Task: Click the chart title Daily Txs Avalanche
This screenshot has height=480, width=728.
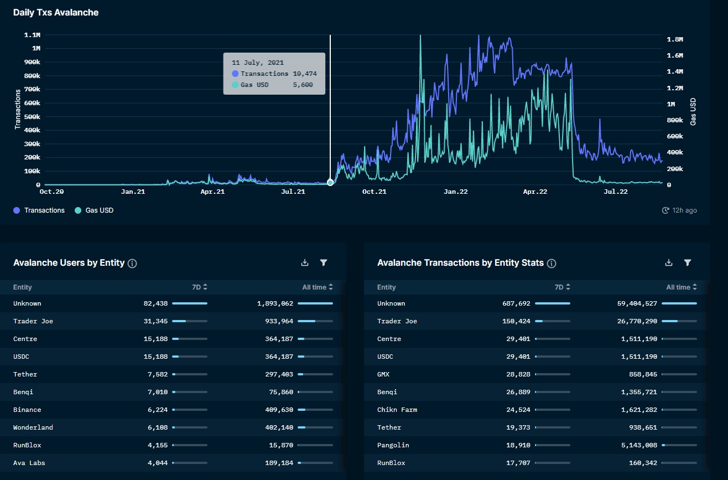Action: tap(56, 12)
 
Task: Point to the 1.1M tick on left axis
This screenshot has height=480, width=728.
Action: tap(32, 35)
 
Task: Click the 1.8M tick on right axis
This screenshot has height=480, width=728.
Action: tap(675, 40)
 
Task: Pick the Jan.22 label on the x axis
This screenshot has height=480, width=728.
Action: tap(456, 192)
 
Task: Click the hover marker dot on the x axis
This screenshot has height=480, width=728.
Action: tap(330, 183)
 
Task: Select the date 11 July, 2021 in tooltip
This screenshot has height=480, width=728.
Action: tap(258, 63)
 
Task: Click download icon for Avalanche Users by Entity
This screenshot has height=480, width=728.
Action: tap(304, 263)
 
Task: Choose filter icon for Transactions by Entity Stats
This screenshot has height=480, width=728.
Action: tap(688, 263)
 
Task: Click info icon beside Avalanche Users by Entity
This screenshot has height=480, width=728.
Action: tap(132, 264)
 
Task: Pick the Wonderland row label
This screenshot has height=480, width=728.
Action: tap(33, 427)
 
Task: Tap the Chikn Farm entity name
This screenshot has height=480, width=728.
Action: tap(397, 410)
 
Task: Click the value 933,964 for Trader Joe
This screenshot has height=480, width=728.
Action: tap(275, 321)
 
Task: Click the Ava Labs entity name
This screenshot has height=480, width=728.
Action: tap(29, 463)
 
